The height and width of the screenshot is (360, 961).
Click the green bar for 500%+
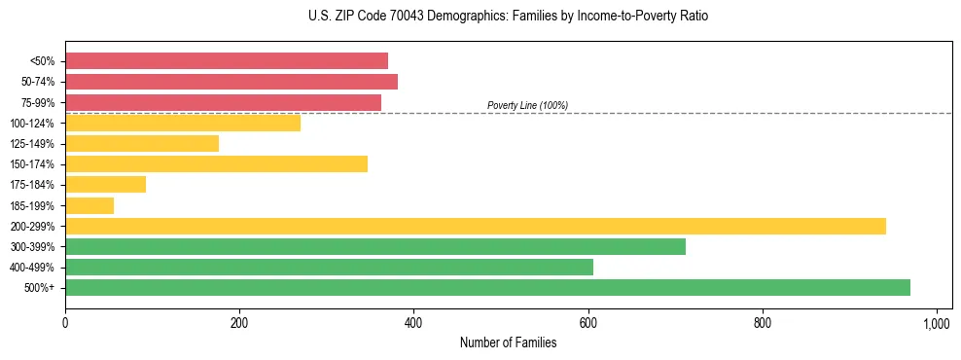pos(487,287)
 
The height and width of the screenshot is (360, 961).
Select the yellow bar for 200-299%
pos(476,226)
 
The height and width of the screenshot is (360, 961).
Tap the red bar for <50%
pos(227,60)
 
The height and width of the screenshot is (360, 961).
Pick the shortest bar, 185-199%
pos(89,205)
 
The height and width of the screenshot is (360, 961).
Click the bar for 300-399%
pos(375,246)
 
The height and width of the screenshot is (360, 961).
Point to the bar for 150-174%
pos(216,163)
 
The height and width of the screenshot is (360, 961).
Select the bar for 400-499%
pos(329,267)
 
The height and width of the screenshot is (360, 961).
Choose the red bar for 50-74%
pos(231,81)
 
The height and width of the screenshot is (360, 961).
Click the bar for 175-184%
pos(105,184)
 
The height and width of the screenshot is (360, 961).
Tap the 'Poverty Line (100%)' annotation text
pos(527,105)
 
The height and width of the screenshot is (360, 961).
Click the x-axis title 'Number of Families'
pos(508,342)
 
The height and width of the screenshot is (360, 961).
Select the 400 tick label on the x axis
pos(413,322)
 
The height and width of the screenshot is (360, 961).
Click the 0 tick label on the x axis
pos(65,322)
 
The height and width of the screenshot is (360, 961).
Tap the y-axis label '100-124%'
pos(32,123)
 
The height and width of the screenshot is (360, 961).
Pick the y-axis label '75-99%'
pos(36,102)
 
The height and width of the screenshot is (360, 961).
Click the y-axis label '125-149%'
pos(32,143)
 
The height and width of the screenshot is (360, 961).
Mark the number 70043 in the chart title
pos(379,17)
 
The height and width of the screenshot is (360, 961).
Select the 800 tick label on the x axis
pos(763,322)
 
